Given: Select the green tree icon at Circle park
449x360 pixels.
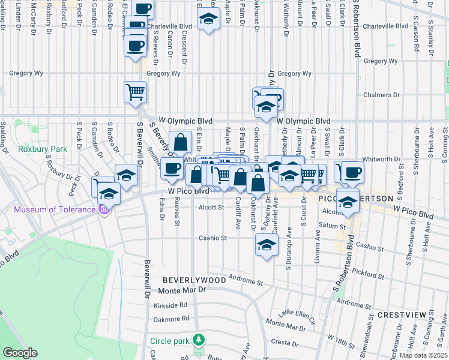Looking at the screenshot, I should (199, 341).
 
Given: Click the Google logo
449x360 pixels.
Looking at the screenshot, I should (20, 353).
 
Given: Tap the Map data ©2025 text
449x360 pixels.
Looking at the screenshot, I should (423, 355).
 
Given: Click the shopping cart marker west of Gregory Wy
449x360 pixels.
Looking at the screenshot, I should (135, 92).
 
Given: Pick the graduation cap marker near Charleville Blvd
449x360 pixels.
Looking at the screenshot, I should (208, 20).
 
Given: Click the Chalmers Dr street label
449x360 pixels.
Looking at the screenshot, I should (382, 95).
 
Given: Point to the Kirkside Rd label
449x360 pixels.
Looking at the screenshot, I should (170, 305).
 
